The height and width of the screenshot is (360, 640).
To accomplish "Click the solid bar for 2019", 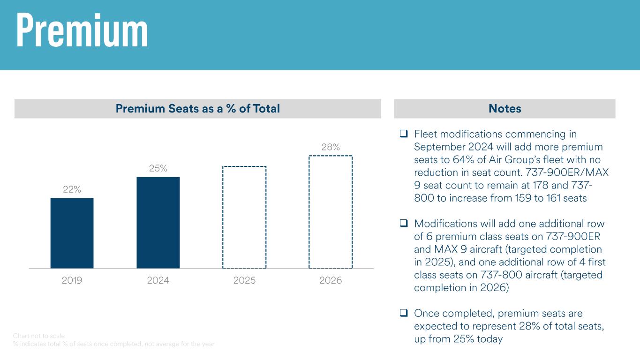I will (x=72, y=233).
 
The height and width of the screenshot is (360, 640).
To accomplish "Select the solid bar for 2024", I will (x=158, y=222).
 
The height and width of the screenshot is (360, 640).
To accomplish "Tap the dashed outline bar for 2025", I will (x=244, y=217).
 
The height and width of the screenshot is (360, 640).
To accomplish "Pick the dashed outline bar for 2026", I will (x=331, y=212).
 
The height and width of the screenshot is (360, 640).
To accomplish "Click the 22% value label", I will (x=72, y=189).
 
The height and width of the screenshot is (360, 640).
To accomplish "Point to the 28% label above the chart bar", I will (x=331, y=147).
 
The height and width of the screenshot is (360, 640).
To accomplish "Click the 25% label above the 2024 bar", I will (x=158, y=168).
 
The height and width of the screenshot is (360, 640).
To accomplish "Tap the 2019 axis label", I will (x=72, y=281).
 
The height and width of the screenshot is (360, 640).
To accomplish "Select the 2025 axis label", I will (x=244, y=281).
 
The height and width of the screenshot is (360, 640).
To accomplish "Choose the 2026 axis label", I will (x=331, y=281).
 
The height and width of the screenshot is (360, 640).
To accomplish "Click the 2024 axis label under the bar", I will (x=158, y=281).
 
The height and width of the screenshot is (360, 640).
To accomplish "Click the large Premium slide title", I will (x=82, y=30).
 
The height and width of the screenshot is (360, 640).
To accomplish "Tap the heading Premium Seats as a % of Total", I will (x=197, y=109).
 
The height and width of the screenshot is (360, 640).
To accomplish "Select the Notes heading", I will (x=504, y=109).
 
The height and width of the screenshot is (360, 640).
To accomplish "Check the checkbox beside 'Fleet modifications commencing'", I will (x=403, y=134).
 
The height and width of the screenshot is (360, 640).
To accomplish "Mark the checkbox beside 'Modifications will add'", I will (x=403, y=223).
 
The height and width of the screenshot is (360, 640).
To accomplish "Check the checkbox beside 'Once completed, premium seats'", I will (x=403, y=313).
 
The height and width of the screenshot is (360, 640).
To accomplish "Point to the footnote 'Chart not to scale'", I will (x=39, y=336).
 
